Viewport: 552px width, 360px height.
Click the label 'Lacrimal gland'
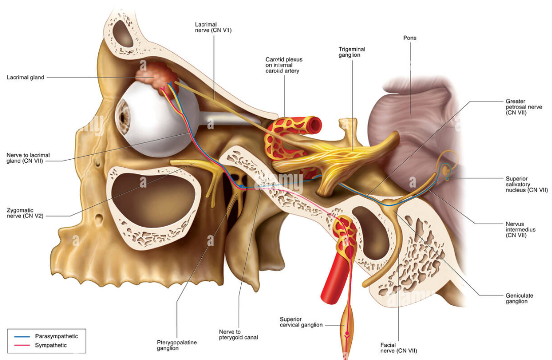pos(26,78)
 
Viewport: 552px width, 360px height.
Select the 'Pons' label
pos(410,38)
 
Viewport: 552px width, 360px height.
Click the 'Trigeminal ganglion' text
pos(352,52)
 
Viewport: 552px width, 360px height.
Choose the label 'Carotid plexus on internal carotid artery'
pos(284,65)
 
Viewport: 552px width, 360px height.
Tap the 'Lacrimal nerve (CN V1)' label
pos(213,27)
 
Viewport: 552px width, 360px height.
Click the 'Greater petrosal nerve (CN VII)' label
pos(524,107)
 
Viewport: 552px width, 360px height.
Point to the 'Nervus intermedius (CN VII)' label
pos(521,230)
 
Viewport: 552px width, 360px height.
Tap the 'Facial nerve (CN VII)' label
pos(398,348)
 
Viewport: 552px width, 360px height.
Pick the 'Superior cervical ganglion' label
pos(301,322)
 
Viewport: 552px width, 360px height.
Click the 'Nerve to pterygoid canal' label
pos(238,334)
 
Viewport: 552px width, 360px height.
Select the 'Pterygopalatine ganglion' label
pos(176,345)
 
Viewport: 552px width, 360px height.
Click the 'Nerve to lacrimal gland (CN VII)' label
pos(28,158)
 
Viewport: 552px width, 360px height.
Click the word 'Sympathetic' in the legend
pos(51,345)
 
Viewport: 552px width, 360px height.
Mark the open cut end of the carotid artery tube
pos(316,124)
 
